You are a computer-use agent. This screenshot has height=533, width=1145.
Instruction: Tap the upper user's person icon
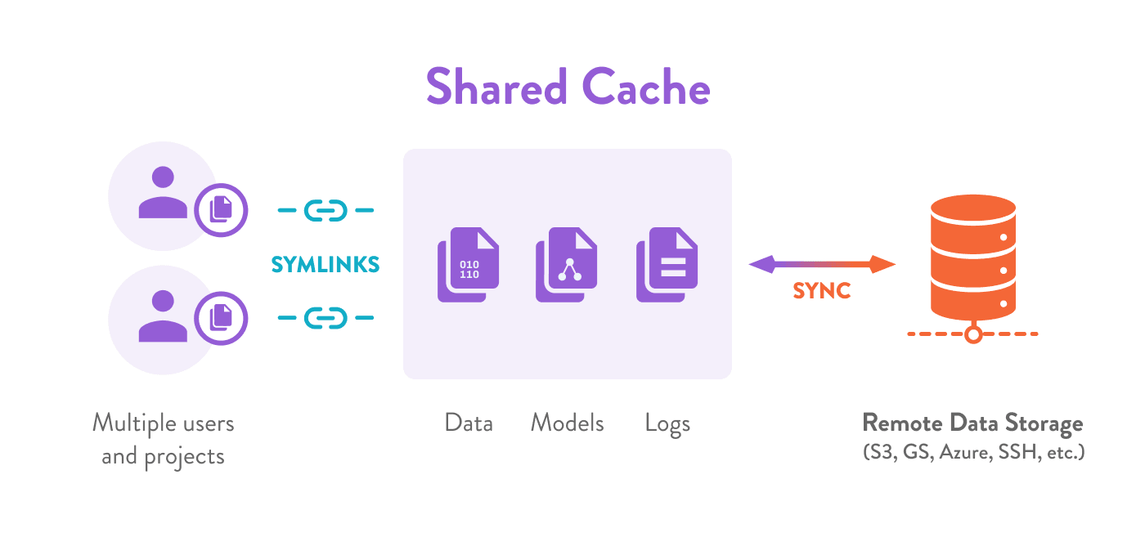163,194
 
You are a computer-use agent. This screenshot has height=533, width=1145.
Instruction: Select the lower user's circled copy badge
221,317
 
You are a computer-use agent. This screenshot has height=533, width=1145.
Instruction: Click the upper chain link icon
326,211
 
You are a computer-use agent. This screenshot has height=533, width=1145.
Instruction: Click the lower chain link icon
326,317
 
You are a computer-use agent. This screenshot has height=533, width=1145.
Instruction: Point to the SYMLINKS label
326,264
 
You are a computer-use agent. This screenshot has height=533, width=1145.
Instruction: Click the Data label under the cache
469,423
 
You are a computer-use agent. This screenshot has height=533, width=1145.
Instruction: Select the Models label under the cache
568,423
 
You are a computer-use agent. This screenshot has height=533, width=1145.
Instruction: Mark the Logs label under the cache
667,424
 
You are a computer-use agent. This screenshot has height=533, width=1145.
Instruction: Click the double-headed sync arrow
822,264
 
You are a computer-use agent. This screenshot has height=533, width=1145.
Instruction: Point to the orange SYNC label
822,291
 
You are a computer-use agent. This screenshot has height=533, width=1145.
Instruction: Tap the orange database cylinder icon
972,258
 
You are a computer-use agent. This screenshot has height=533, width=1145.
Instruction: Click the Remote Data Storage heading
972,423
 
